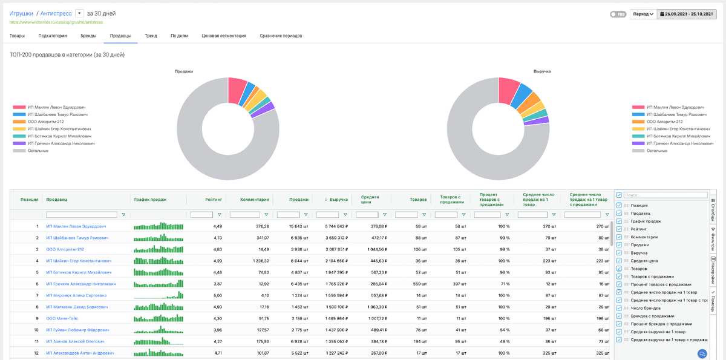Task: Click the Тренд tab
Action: click(x=151, y=36)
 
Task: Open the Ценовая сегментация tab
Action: click(x=224, y=36)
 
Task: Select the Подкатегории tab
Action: click(x=53, y=36)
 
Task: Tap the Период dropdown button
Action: click(x=643, y=14)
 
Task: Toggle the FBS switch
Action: click(x=618, y=14)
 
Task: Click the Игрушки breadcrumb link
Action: click(x=21, y=13)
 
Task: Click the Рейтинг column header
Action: click(x=214, y=199)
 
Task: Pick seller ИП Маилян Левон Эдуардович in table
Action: click(x=77, y=226)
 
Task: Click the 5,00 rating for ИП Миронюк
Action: click(x=217, y=295)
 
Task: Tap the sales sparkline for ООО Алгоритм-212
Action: click(x=158, y=249)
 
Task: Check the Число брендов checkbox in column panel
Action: click(x=619, y=308)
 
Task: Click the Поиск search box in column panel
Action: click(x=665, y=195)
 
